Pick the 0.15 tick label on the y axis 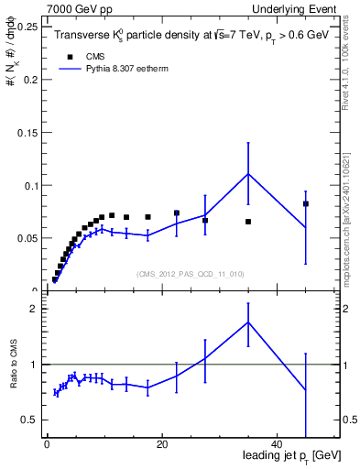25,132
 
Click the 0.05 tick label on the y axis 25,238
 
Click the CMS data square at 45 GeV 306,203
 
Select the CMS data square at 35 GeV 248,222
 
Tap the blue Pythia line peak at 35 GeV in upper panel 248,174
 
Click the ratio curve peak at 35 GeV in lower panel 248,322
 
